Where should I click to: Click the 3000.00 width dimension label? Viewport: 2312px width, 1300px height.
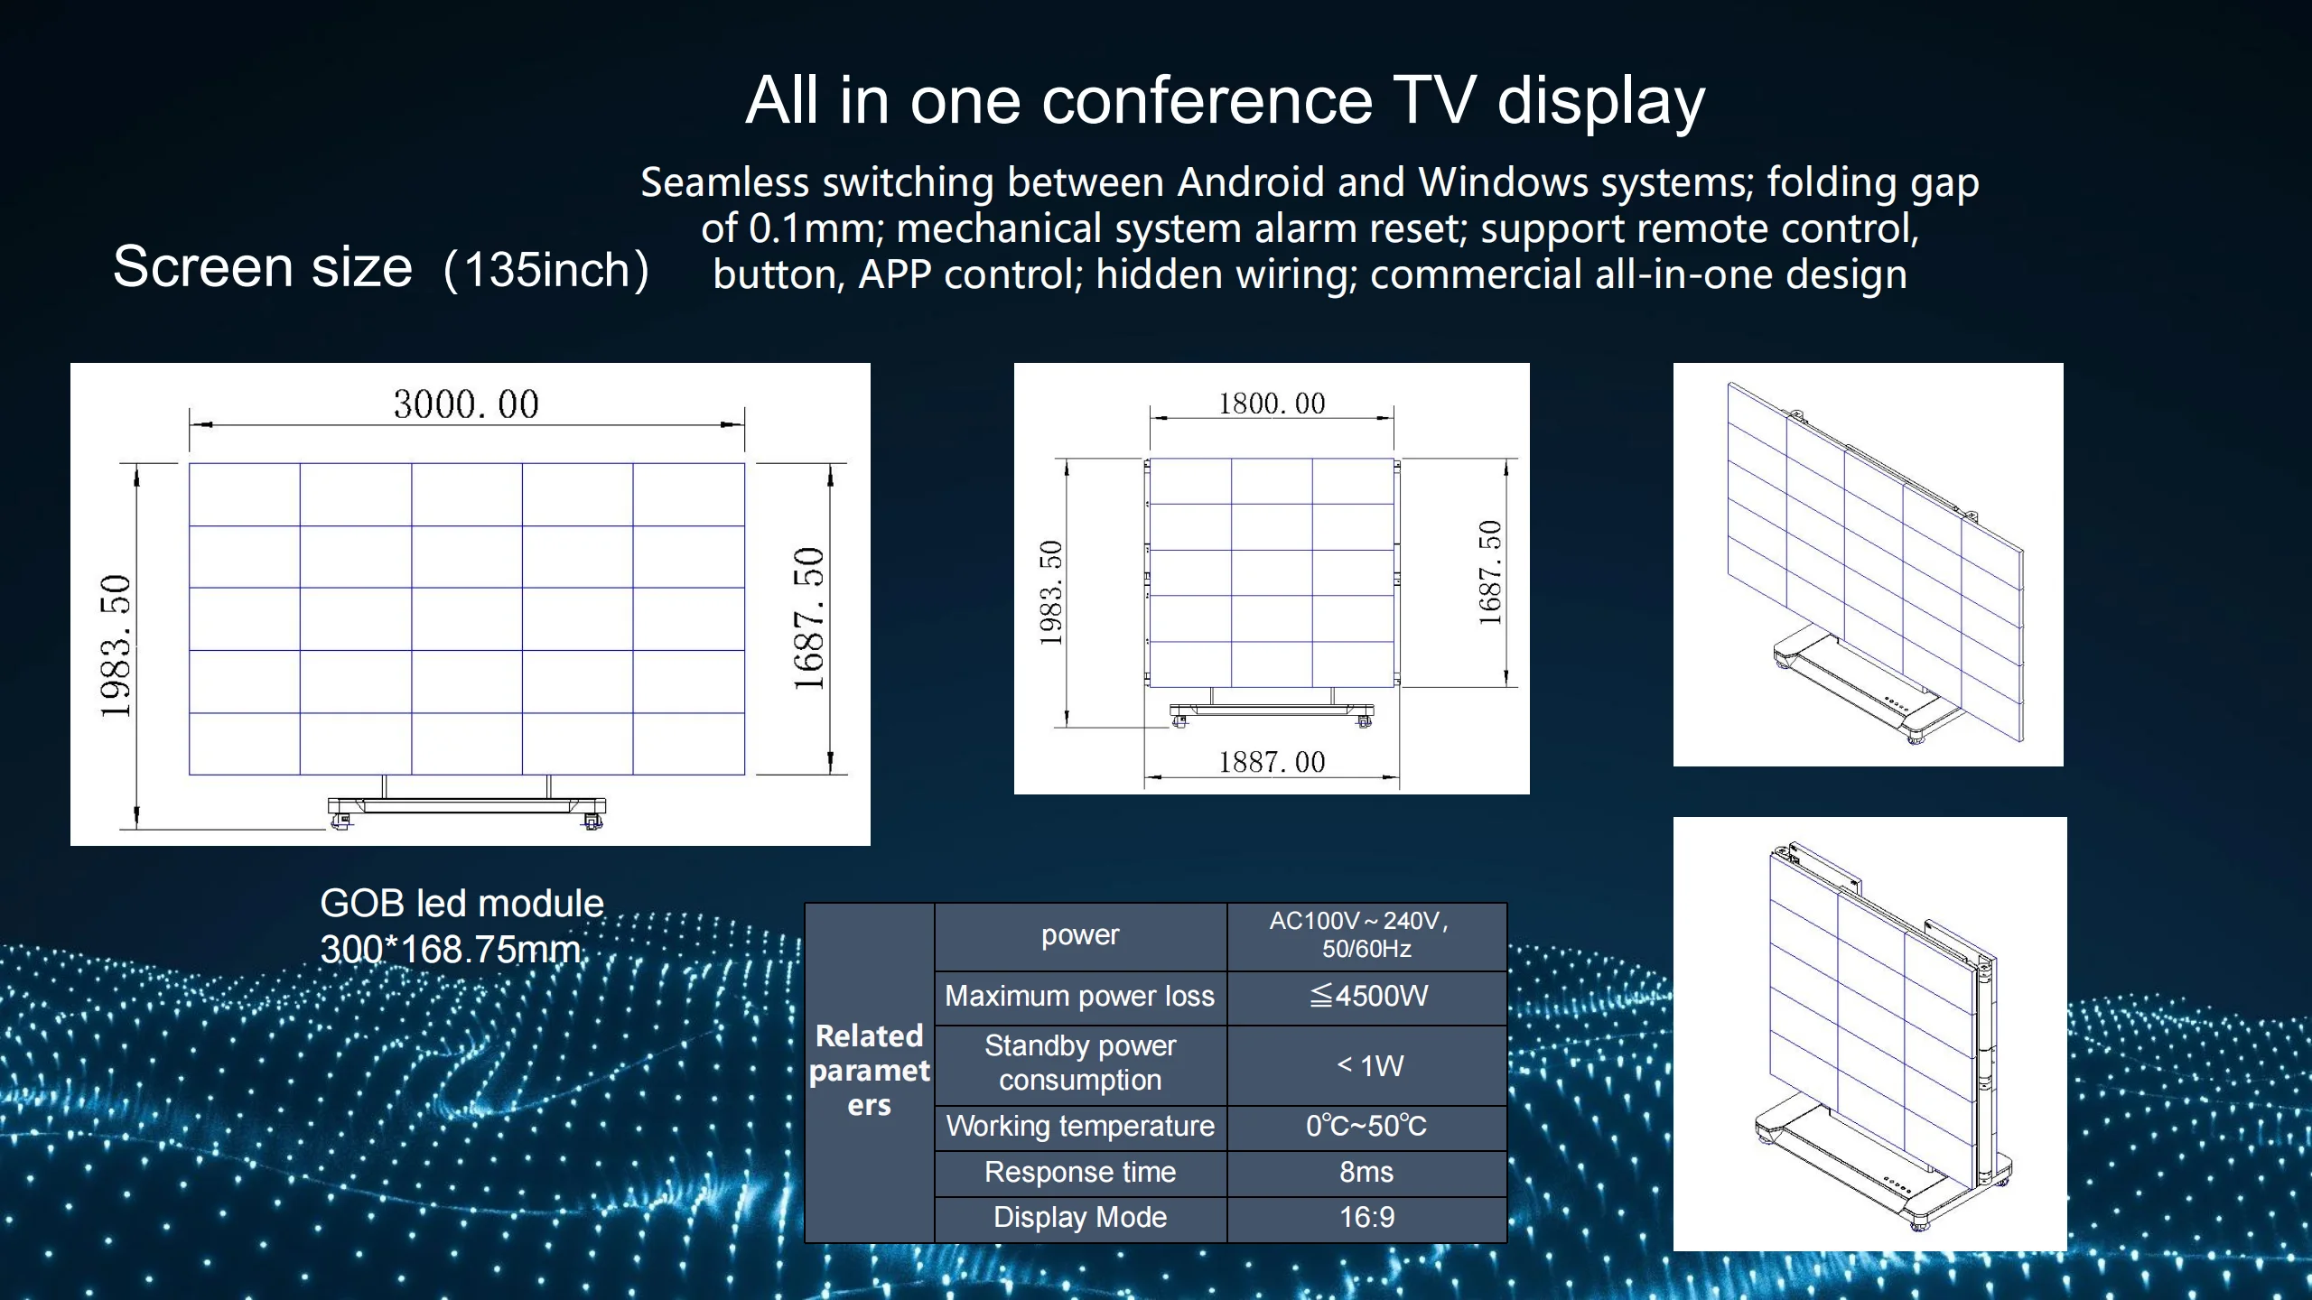(466, 404)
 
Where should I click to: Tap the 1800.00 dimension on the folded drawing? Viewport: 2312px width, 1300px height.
(1272, 403)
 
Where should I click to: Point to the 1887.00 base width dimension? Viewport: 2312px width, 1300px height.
(1272, 762)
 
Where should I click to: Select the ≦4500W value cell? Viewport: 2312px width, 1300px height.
(1367, 996)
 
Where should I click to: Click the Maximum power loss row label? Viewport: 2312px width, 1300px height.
(1079, 996)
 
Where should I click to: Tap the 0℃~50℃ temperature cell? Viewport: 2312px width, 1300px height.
(1366, 1126)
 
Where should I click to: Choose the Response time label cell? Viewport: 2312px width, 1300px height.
(1079, 1172)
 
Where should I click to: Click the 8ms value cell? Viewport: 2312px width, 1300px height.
(1366, 1172)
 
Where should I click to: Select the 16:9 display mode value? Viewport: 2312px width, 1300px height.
(1366, 1217)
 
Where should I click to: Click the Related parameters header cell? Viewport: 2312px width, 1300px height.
(869, 1070)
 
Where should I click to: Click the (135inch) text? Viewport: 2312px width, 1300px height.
(546, 270)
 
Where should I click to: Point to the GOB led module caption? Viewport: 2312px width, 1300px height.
(461, 904)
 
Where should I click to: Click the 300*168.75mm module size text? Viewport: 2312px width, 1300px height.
(451, 950)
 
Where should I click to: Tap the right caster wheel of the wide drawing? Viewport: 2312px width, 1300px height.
(592, 821)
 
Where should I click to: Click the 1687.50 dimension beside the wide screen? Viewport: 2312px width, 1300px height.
(809, 618)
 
